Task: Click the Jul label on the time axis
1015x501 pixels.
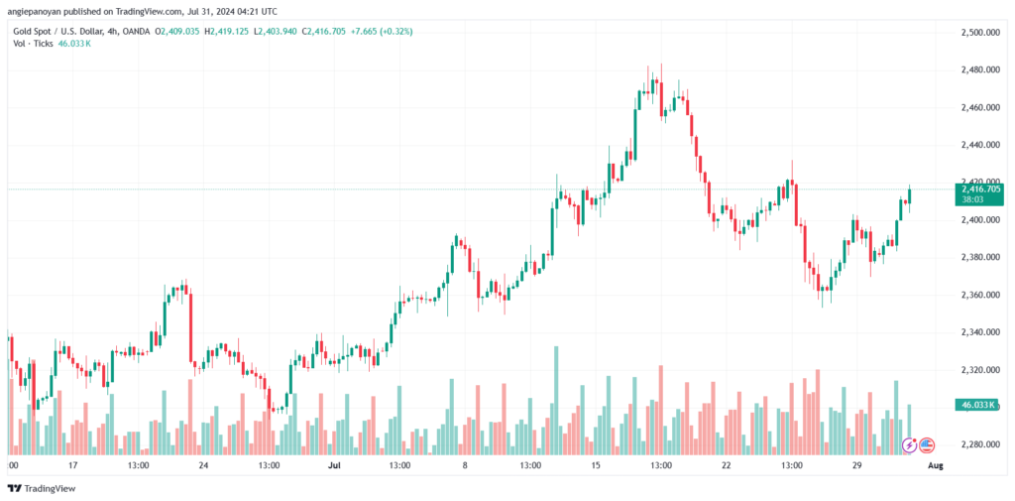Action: (x=334, y=464)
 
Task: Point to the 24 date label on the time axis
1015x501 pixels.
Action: (x=203, y=464)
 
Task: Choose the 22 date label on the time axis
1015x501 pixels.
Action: (x=727, y=464)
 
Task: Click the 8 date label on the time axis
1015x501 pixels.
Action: (x=464, y=464)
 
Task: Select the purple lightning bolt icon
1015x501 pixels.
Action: (x=910, y=444)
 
